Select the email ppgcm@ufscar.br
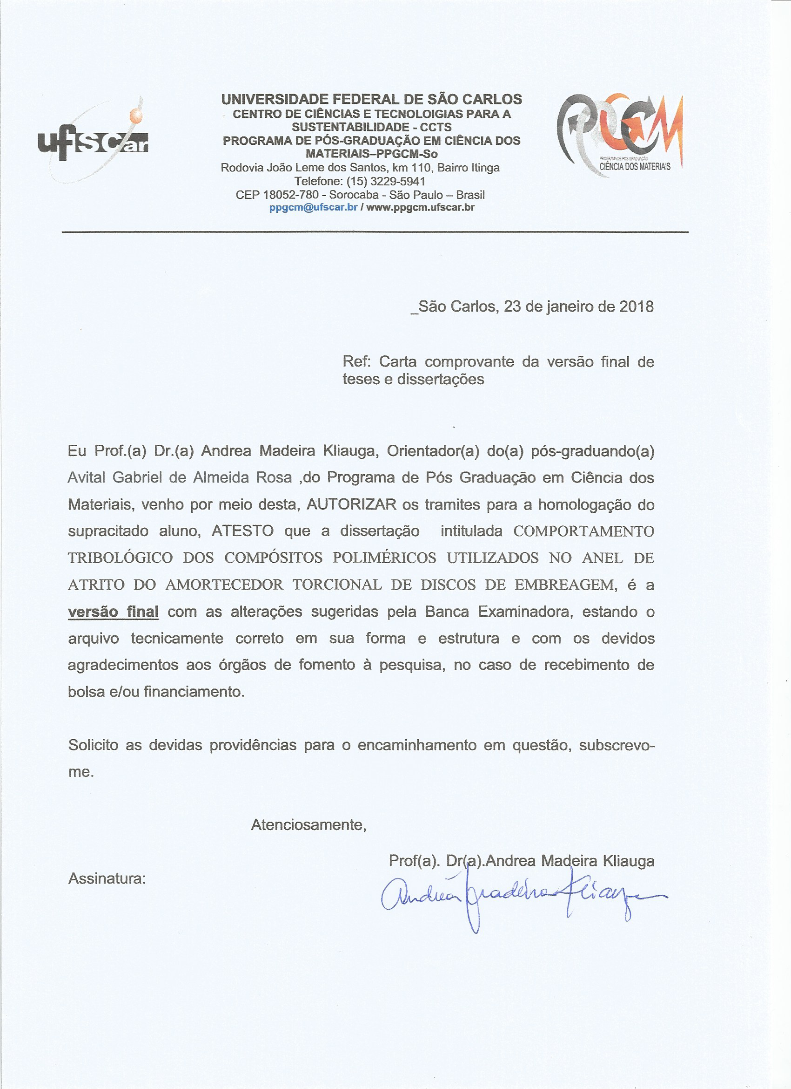[x=313, y=207]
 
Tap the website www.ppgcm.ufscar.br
[x=420, y=207]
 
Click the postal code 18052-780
[x=291, y=195]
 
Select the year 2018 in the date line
[x=636, y=306]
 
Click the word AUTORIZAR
[x=351, y=504]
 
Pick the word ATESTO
[x=243, y=531]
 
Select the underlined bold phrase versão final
[x=113, y=612]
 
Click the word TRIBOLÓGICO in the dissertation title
[x=120, y=558]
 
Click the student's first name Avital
[x=87, y=478]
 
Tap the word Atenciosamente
[x=308, y=825]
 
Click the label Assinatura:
[x=107, y=878]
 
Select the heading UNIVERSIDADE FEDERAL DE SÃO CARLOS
[x=371, y=99]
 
